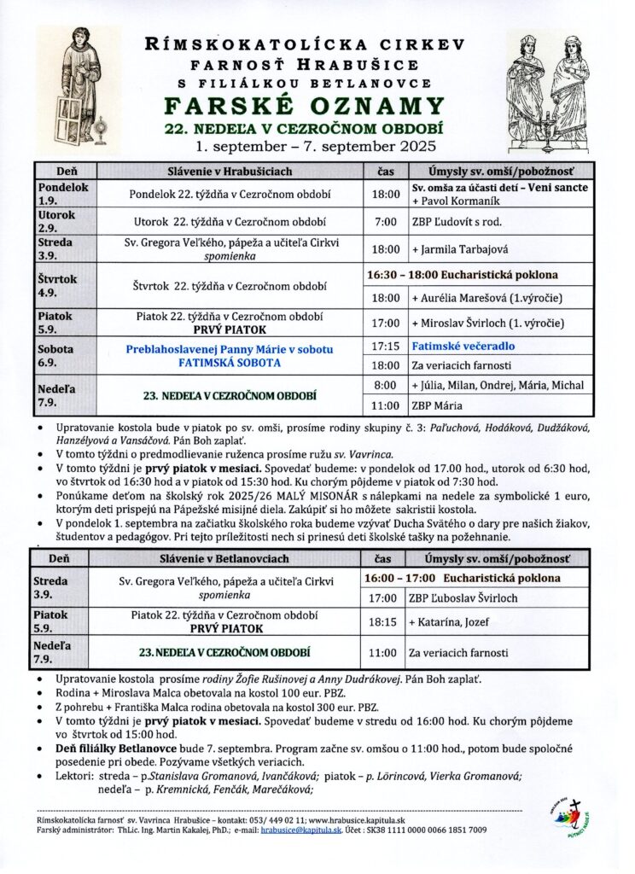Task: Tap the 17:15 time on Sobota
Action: coord(385,347)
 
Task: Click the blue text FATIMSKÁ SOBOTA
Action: coord(230,362)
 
